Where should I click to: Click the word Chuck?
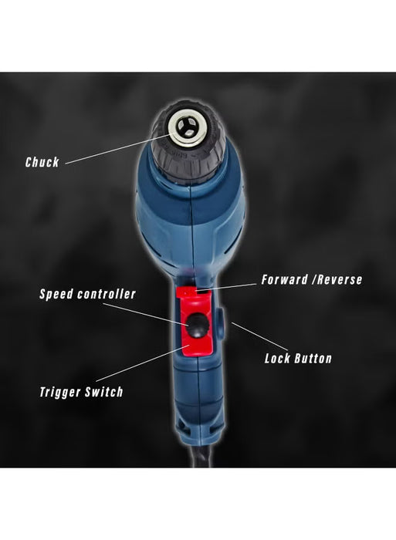pos(42,162)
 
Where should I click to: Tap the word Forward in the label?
pos(287,279)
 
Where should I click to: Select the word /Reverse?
pos(337,279)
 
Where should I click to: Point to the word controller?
pos(110,294)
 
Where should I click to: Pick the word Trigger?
pos(64,392)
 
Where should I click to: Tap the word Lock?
pos(279,358)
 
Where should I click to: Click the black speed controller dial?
pos(197,328)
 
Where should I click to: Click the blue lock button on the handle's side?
pos(218,321)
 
